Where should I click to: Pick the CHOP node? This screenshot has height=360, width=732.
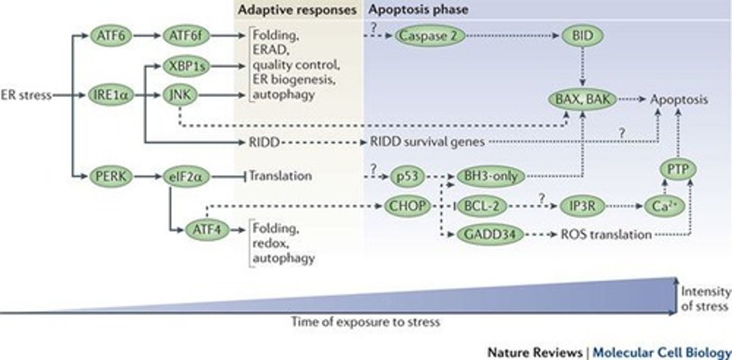[406, 206]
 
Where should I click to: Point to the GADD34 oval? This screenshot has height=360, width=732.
[490, 234]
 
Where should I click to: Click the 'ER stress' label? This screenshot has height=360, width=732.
[26, 95]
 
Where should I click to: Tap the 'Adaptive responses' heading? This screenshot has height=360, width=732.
[297, 10]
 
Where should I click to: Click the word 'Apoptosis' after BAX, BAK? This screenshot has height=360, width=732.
[679, 100]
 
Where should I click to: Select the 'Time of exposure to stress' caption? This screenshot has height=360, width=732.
[365, 322]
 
